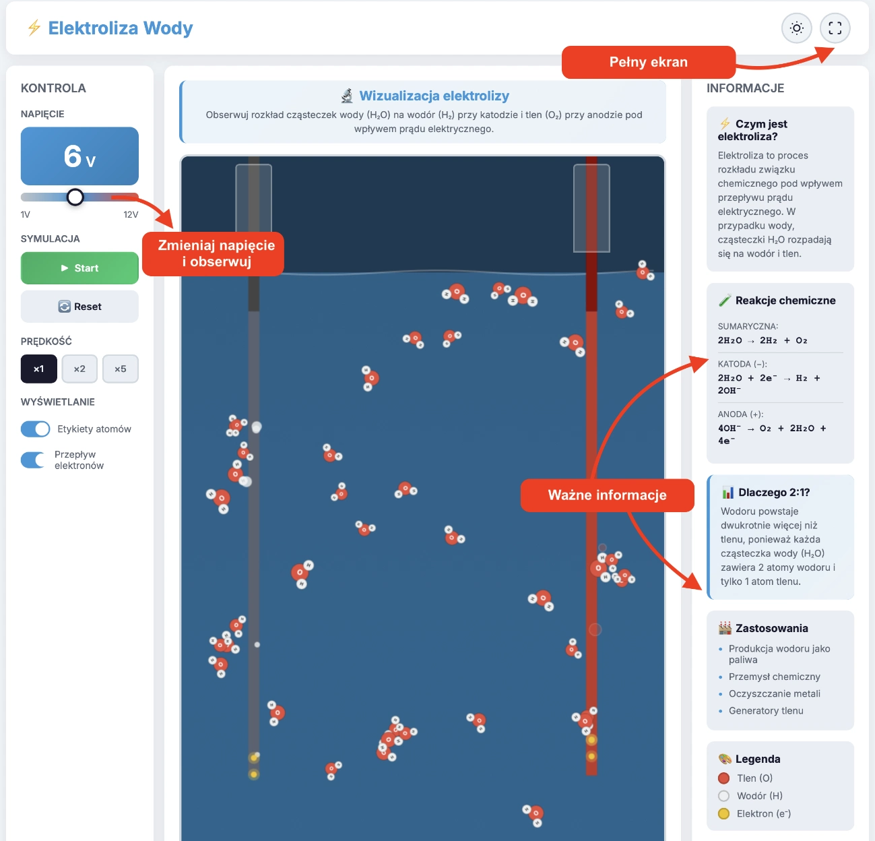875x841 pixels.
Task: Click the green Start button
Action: tap(79, 268)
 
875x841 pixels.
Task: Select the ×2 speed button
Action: tap(79, 369)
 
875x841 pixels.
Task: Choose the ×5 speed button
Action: tap(120, 369)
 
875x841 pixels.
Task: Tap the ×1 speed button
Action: tap(38, 369)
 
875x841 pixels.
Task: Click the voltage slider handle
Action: tap(75, 197)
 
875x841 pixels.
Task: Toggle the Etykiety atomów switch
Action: tap(35, 429)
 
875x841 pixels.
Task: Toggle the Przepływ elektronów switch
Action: tap(33, 460)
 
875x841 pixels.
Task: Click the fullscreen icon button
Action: tap(835, 28)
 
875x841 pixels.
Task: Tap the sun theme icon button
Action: tap(797, 28)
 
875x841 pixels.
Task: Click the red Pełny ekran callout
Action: tap(649, 62)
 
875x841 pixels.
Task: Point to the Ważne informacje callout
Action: tap(607, 495)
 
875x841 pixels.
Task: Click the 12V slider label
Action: tap(131, 214)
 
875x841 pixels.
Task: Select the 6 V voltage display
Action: tap(79, 156)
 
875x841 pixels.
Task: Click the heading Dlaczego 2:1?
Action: tap(774, 493)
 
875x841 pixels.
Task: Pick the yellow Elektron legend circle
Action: tap(724, 813)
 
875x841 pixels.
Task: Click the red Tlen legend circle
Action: tap(724, 778)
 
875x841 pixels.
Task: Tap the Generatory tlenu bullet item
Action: tap(766, 710)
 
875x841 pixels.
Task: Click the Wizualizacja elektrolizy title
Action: tap(434, 96)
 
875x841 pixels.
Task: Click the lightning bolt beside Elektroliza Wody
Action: tap(34, 28)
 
